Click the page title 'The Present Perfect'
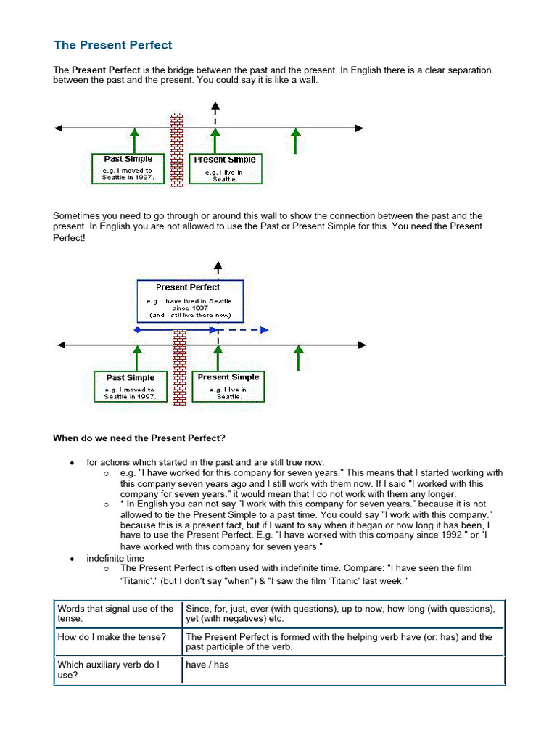pos(113,45)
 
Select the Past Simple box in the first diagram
pos(128,168)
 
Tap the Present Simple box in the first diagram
pos(225,168)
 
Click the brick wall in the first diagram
pos(176,150)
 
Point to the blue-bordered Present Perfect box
pos(190,301)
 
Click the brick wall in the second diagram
pos(178,367)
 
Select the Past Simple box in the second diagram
pos(131,387)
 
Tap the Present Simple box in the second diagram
pos(228,387)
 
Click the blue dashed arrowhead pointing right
pos(265,330)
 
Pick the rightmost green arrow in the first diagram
pos(294,141)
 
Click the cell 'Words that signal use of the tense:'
pos(116,614)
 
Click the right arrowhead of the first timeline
pos(359,128)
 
